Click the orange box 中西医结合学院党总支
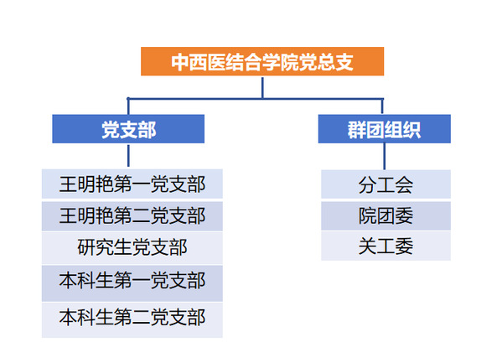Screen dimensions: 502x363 (x=262, y=61)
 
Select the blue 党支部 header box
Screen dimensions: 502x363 (x=128, y=129)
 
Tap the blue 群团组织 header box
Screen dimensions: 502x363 (x=384, y=129)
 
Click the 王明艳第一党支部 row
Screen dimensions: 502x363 (x=132, y=184)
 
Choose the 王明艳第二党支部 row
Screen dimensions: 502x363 (x=132, y=216)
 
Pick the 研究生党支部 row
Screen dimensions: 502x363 (x=132, y=248)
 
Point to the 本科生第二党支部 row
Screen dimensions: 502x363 (x=132, y=319)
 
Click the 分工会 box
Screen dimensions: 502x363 (x=386, y=184)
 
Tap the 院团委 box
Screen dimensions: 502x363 (x=386, y=215)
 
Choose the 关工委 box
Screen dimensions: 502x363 (x=386, y=246)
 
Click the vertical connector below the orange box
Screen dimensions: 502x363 (x=262, y=87)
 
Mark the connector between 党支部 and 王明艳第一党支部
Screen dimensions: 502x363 (x=128, y=155)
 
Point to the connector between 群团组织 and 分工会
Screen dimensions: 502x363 (x=384, y=156)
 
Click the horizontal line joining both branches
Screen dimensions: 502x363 (x=255, y=98)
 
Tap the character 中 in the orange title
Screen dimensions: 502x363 (x=179, y=62)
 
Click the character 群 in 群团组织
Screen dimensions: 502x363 (x=357, y=130)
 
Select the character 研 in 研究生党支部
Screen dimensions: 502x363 (x=86, y=247)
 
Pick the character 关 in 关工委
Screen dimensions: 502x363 (x=368, y=246)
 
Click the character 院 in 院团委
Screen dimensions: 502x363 (x=368, y=215)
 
